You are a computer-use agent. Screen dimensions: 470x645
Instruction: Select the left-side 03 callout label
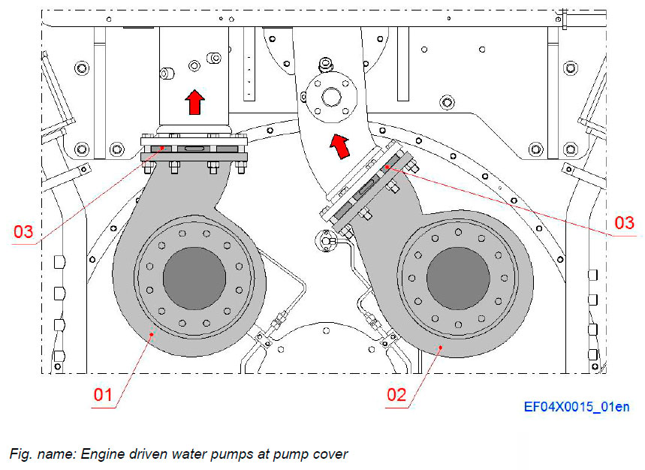click(x=24, y=231)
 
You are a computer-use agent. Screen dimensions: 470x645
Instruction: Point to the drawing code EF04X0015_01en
click(x=577, y=407)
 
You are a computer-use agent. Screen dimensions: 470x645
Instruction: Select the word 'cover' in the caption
click(x=330, y=454)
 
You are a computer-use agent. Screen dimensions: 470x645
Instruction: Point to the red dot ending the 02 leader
click(x=440, y=346)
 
